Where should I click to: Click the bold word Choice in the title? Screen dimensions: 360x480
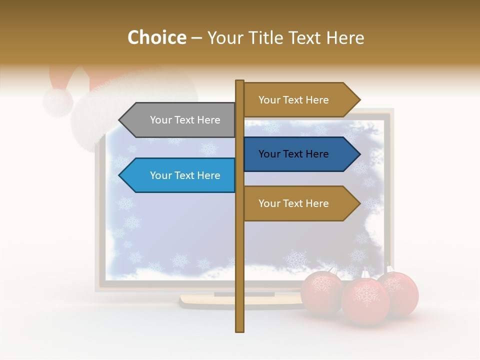pos(156,37)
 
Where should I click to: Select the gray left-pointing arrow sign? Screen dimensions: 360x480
pos(180,120)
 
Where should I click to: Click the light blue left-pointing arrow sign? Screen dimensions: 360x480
pos(180,175)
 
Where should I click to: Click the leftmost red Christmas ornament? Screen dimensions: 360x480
pos(321,291)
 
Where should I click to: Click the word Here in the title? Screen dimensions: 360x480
pos(345,37)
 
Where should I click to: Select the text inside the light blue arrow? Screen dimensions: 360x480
pos(185,175)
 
